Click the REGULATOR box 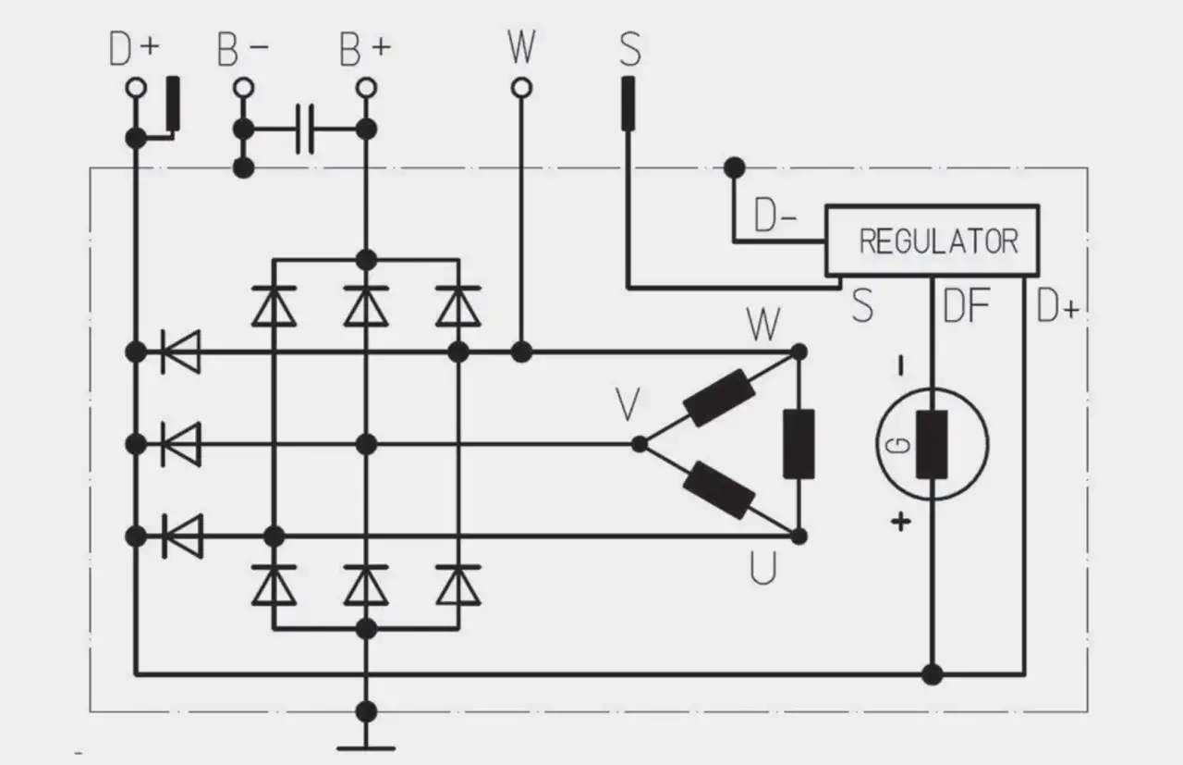932,241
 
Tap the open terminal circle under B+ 366,88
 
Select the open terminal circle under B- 243,88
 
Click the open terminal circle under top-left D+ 136,88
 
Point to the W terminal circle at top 521,88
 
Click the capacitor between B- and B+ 306,129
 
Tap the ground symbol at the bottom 366,745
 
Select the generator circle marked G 932,444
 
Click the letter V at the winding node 628,405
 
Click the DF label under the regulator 967,306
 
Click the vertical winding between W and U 799,444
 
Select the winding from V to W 718,398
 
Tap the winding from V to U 718,490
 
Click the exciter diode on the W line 180,352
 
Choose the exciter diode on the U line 180,536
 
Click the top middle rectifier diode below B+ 366,306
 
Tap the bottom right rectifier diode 457,584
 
